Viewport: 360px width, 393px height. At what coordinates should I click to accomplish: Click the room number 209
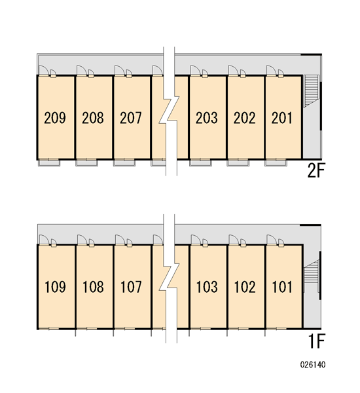[55, 118]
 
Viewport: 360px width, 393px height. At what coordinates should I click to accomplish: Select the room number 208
[93, 118]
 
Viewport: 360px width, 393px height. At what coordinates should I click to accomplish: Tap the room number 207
[130, 118]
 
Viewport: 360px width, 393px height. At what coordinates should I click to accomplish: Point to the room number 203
[206, 118]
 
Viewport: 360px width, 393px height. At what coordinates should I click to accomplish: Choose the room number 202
[245, 118]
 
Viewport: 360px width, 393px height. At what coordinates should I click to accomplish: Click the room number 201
[282, 118]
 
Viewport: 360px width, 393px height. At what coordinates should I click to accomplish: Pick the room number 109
[55, 287]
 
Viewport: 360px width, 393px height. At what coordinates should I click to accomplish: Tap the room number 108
[93, 287]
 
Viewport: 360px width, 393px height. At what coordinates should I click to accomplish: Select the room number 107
[131, 287]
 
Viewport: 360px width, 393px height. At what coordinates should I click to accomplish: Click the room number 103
[207, 287]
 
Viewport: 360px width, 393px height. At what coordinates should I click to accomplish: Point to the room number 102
[245, 287]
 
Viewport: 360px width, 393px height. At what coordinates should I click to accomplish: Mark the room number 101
[282, 287]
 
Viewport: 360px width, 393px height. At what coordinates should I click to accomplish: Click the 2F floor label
[316, 171]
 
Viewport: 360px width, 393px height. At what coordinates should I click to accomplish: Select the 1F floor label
[317, 341]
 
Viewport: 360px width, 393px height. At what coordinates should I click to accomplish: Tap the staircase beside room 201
[311, 91]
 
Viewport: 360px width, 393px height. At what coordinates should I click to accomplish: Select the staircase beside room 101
[311, 276]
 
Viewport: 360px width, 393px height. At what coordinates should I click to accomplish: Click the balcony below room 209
[49, 162]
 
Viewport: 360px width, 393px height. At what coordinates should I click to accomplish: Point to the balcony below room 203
[200, 162]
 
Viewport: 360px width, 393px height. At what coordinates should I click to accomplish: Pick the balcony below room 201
[276, 162]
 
